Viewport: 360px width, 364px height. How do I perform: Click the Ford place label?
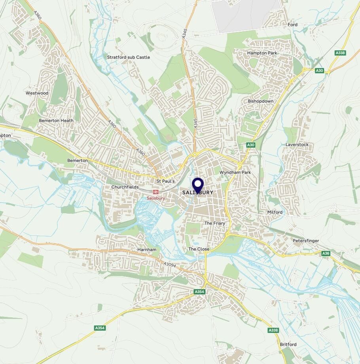pos(293,25)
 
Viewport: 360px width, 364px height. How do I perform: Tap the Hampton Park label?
pos(262,53)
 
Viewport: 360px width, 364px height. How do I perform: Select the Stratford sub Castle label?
pos(129,57)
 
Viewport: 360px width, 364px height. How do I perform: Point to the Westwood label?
pos(37,93)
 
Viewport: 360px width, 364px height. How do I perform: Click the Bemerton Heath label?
pos(56,120)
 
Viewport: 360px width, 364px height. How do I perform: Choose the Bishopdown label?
pos(261,101)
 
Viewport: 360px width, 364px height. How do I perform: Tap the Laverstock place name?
pos(297,145)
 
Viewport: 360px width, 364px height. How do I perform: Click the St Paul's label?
pos(166,181)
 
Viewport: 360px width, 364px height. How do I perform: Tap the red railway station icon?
pos(156,192)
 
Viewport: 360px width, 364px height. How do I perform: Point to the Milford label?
pos(275,212)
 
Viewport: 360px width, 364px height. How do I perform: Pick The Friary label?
pos(214,224)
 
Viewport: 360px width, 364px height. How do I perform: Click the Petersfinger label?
pos(306,241)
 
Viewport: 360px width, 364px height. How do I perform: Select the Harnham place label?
pos(147,250)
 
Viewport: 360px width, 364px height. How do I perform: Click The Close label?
pos(199,249)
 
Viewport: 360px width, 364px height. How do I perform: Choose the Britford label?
pos(288,345)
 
